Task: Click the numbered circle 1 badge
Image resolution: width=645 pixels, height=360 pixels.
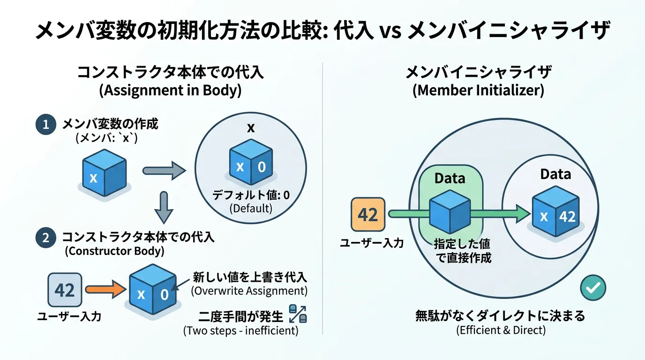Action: tap(45, 125)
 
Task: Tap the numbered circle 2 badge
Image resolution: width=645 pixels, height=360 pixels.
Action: tap(45, 238)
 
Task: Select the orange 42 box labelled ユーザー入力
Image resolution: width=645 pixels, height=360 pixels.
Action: tap(368, 215)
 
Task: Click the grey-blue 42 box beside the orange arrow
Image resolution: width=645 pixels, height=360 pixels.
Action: tap(65, 291)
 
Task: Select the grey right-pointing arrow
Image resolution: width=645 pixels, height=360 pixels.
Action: tap(164, 171)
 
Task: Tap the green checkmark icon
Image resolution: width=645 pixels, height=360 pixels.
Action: tap(592, 287)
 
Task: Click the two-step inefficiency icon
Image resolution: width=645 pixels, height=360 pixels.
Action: tap(298, 313)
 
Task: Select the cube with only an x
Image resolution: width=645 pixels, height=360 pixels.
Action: tap(104, 173)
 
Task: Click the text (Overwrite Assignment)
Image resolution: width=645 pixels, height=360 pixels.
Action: tap(249, 291)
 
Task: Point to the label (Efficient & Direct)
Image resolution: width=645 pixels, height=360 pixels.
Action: tap(501, 330)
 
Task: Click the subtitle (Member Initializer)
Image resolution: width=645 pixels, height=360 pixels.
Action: tap(478, 90)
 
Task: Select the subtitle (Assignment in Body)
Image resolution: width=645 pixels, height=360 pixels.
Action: tap(171, 90)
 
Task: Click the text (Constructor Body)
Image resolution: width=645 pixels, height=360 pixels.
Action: tap(114, 251)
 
